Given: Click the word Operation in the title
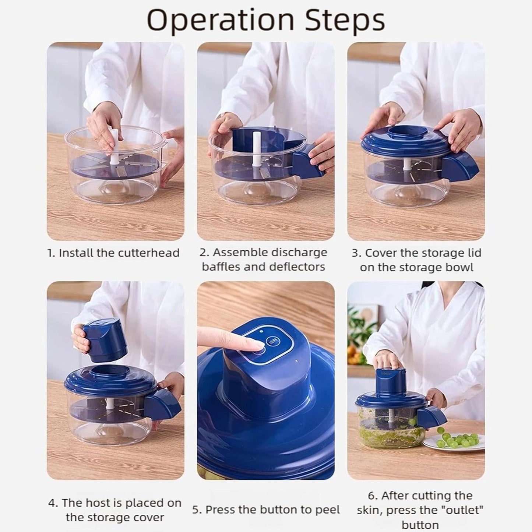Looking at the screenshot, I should coord(220,20).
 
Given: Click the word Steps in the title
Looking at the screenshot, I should coord(344,20).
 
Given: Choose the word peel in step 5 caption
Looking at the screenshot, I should coord(326,510).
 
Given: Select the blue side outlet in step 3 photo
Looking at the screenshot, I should coord(460,169).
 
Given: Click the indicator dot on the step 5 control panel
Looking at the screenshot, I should coord(261,331).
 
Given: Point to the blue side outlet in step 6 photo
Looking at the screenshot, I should coord(431,418).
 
